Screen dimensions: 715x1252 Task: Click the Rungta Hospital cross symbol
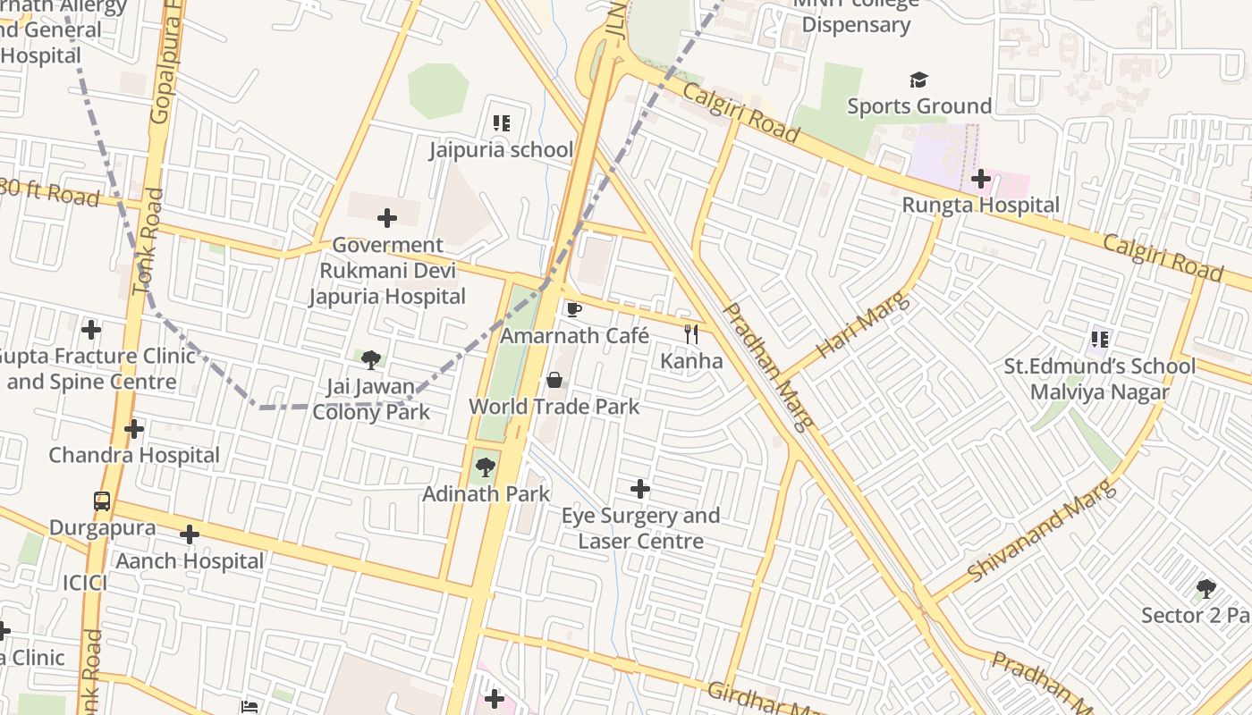click(981, 179)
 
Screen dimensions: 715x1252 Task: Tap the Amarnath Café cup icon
click(574, 309)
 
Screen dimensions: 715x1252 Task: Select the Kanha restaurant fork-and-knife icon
click(691, 334)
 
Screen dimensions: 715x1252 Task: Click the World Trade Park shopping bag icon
click(554, 380)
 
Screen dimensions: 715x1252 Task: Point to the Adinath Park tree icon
click(486, 467)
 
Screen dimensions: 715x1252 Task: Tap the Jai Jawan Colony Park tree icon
click(371, 360)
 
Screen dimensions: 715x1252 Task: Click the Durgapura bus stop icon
click(102, 500)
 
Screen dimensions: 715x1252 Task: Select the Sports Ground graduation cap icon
click(919, 80)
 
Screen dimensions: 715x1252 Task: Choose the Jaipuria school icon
click(501, 122)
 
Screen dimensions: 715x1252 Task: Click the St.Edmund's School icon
click(1100, 340)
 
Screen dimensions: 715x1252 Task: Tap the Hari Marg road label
click(864, 325)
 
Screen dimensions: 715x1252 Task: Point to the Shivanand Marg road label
click(1043, 531)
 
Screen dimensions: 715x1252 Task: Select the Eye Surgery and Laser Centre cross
click(640, 489)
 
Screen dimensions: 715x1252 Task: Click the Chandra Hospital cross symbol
click(134, 429)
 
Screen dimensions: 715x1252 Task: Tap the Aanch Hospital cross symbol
click(190, 534)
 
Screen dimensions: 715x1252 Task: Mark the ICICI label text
click(85, 584)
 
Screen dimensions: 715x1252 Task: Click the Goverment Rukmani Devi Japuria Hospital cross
click(387, 218)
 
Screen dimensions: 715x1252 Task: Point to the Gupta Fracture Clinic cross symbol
click(91, 330)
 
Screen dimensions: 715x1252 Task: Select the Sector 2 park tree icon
click(1206, 589)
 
